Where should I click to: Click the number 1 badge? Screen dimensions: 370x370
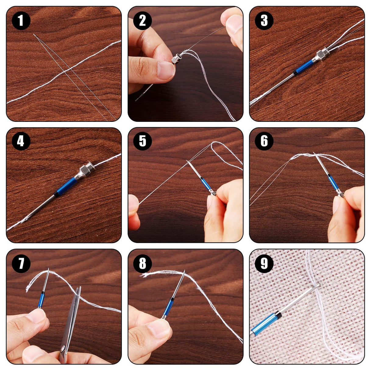[21, 20]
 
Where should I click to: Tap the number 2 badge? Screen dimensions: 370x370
[142, 20]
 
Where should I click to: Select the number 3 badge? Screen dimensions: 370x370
[264, 20]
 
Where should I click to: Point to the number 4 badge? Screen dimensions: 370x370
[21, 142]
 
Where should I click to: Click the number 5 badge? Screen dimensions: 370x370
[142, 142]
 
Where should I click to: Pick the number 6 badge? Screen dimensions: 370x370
[264, 142]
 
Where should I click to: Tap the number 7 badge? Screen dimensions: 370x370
[21, 263]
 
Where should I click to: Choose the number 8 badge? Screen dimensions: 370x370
[142, 263]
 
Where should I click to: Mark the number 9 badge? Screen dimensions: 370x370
[264, 263]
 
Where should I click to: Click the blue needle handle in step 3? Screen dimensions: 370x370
[304, 67]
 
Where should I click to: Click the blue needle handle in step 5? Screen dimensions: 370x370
[206, 183]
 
